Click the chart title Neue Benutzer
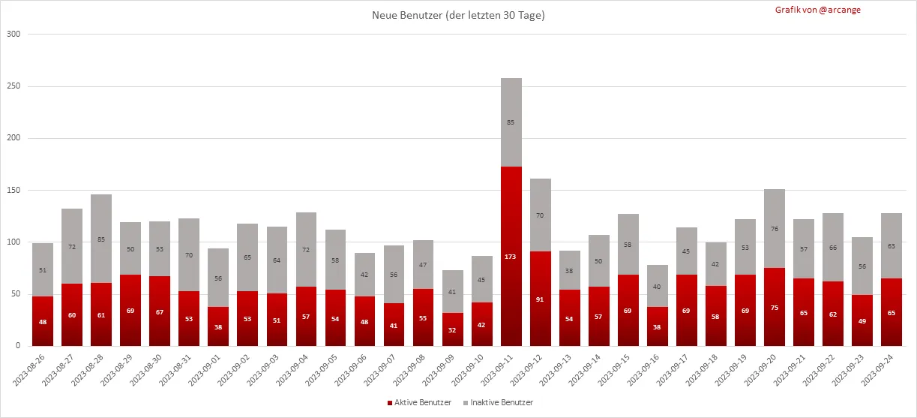tap(458, 15)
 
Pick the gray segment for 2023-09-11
tap(511, 122)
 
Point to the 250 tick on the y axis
tap(13, 86)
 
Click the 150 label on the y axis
tap(13, 191)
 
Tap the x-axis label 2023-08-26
tap(31, 369)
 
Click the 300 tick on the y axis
tap(13, 35)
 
